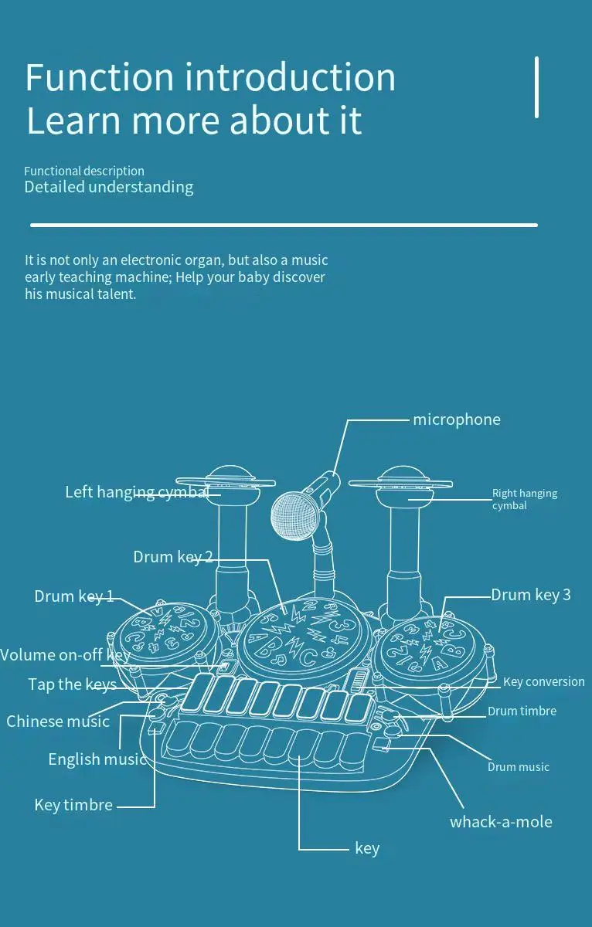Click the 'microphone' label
pyautogui.click(x=456, y=419)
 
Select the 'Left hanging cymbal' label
pyautogui.click(x=137, y=492)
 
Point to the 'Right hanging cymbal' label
pyautogui.click(x=525, y=499)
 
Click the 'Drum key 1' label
pyautogui.click(x=74, y=596)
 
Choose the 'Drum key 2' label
pyautogui.click(x=172, y=557)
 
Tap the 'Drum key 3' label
pyautogui.click(x=531, y=594)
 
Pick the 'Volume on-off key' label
pyautogui.click(x=65, y=655)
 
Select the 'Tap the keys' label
pyautogui.click(x=72, y=684)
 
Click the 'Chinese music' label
pyautogui.click(x=58, y=722)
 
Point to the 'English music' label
pyautogui.click(x=97, y=759)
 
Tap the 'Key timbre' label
pyautogui.click(x=73, y=805)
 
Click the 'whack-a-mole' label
pyautogui.click(x=501, y=822)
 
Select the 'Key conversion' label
pyautogui.click(x=543, y=681)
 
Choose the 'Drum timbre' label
pyautogui.click(x=522, y=711)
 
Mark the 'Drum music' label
pyautogui.click(x=518, y=767)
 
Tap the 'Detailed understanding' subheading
pyautogui.click(x=109, y=187)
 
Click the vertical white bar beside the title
pyautogui.click(x=536, y=87)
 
